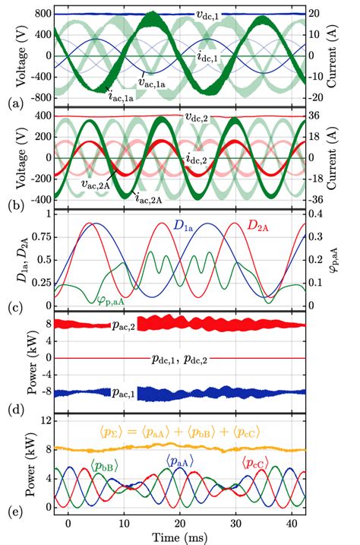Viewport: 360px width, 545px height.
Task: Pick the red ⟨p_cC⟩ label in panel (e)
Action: (x=255, y=461)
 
